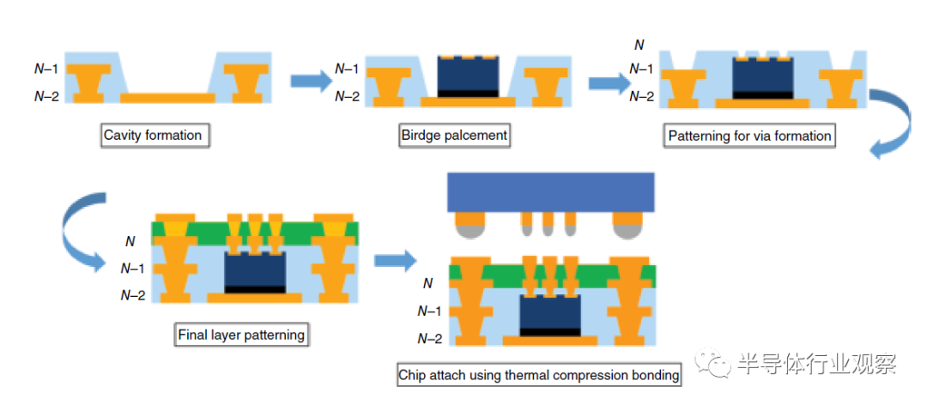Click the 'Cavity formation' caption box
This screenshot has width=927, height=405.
coord(153,135)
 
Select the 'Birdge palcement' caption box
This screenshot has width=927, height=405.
coord(455,135)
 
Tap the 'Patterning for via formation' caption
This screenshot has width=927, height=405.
coord(749,136)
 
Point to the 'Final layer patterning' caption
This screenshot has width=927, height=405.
coord(240,334)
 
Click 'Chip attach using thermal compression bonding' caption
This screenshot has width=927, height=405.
coord(539,374)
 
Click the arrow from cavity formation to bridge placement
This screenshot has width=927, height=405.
coord(310,81)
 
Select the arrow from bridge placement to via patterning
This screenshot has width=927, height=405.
coord(607,82)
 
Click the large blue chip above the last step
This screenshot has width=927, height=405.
coord(550,192)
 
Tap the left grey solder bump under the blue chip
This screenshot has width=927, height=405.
coord(469,227)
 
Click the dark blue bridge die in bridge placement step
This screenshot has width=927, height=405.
coord(468,75)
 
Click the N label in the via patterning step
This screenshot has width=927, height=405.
coord(638,45)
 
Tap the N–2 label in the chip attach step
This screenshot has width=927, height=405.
coord(430,338)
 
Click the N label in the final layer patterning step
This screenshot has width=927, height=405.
coord(130,243)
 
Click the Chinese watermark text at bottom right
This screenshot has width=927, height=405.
coord(815,364)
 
